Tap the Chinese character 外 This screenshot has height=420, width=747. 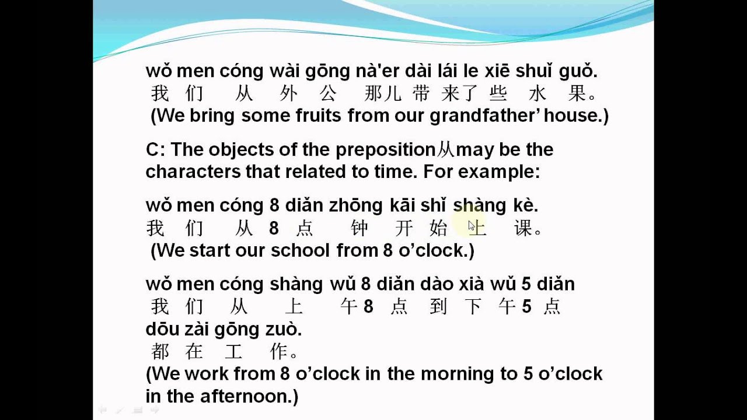tap(288, 93)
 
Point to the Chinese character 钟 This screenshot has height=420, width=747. tap(359, 228)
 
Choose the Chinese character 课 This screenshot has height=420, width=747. tap(523, 228)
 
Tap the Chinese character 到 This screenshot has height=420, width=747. tap(438, 306)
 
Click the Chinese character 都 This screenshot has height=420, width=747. tap(160, 352)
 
